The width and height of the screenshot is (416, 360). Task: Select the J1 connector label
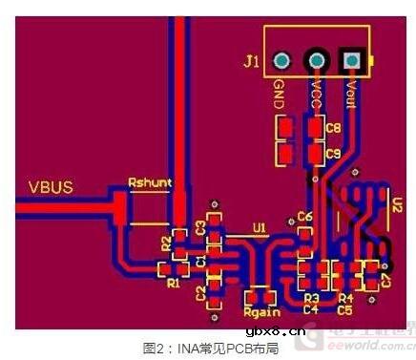tap(251, 62)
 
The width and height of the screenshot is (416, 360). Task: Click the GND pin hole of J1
tap(281, 61)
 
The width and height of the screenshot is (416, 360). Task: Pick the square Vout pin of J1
tap(351, 61)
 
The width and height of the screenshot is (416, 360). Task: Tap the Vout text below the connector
tap(351, 95)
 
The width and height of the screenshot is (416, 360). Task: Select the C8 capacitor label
tap(332, 127)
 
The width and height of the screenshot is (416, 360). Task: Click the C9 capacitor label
tap(332, 153)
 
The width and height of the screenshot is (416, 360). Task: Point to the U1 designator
tap(259, 227)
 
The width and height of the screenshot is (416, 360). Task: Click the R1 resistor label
tap(172, 283)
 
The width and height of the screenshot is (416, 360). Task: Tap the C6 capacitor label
tap(305, 217)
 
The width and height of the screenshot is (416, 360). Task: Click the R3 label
tap(311, 298)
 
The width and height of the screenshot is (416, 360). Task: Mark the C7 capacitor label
tap(386, 280)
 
